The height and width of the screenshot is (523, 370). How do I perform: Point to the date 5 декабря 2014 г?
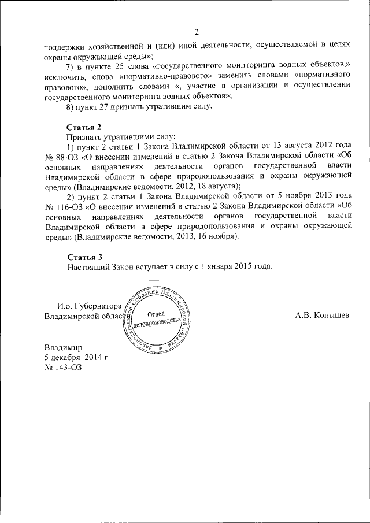pyautogui.click(x=77, y=358)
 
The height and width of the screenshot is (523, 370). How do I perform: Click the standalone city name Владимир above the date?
pyautogui.click(x=64, y=348)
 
